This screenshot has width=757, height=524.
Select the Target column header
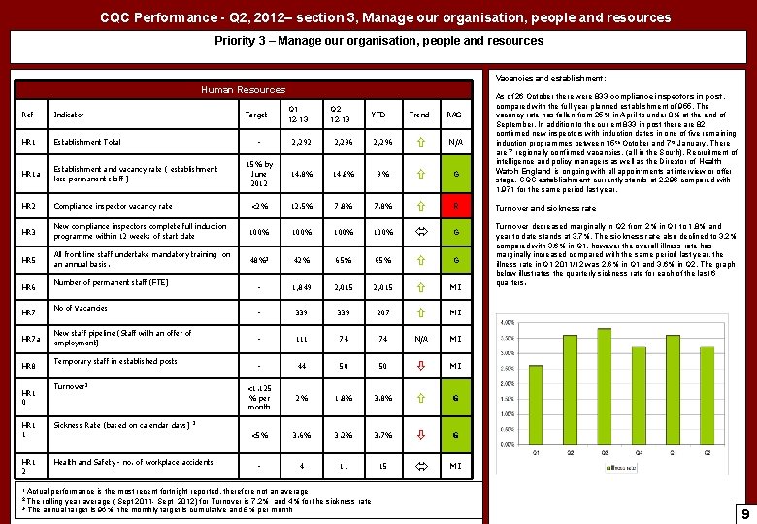(257, 114)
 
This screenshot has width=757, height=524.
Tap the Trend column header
(418, 114)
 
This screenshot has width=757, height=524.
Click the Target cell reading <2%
(257, 205)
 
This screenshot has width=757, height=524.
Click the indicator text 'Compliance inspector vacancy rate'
(113, 206)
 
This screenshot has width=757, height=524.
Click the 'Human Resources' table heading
(243, 89)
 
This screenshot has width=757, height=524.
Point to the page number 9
(743, 513)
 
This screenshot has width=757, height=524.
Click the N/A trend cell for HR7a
(418, 338)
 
